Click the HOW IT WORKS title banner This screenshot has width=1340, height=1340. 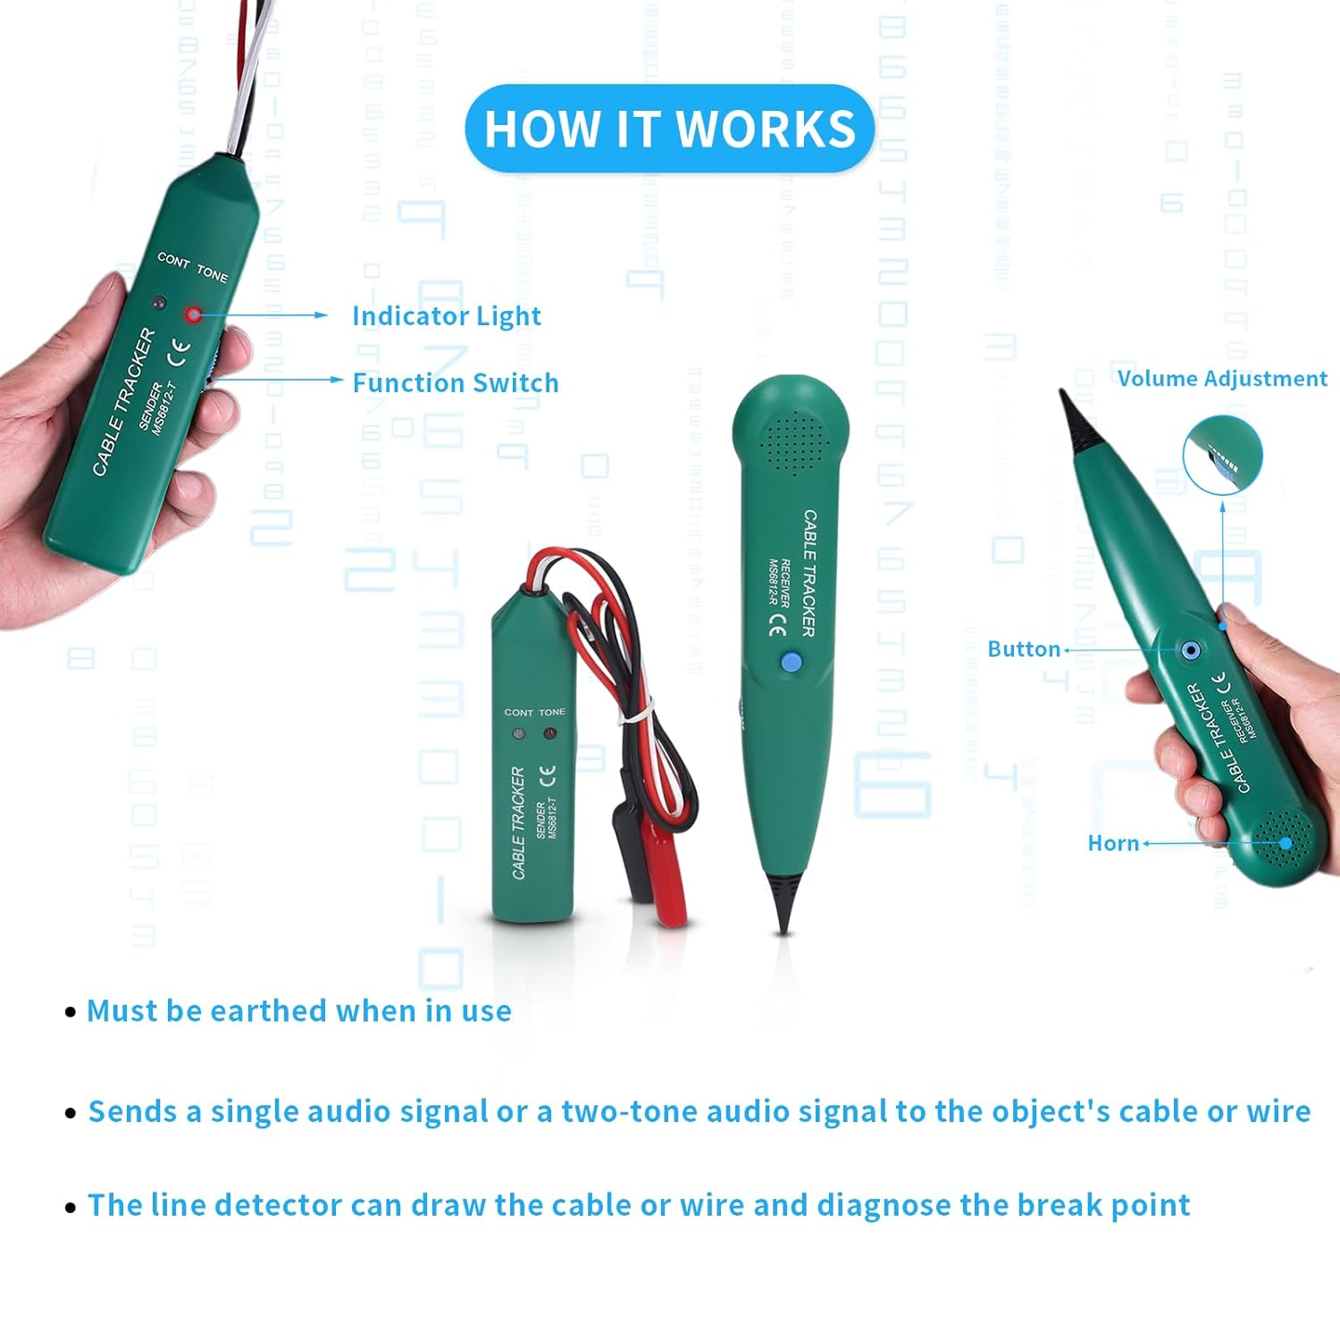pyautogui.click(x=669, y=129)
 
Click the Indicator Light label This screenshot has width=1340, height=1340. pyautogui.click(x=446, y=316)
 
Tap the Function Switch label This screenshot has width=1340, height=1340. pyautogui.click(x=455, y=383)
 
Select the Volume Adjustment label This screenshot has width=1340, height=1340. pyautogui.click(x=1221, y=379)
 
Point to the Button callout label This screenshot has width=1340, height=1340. pyautogui.click(x=1024, y=649)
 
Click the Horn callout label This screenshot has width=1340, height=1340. pyautogui.click(x=1113, y=843)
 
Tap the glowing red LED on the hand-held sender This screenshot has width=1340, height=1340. pyautogui.click(x=193, y=314)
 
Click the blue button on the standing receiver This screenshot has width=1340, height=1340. pyautogui.click(x=791, y=662)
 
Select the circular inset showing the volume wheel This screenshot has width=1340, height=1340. pyautogui.click(x=1222, y=455)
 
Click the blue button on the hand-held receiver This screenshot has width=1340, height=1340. pyautogui.click(x=1190, y=650)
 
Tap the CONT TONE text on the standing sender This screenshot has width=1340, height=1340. pyautogui.click(x=534, y=712)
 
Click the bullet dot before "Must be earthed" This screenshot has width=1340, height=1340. pyautogui.click(x=71, y=1012)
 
